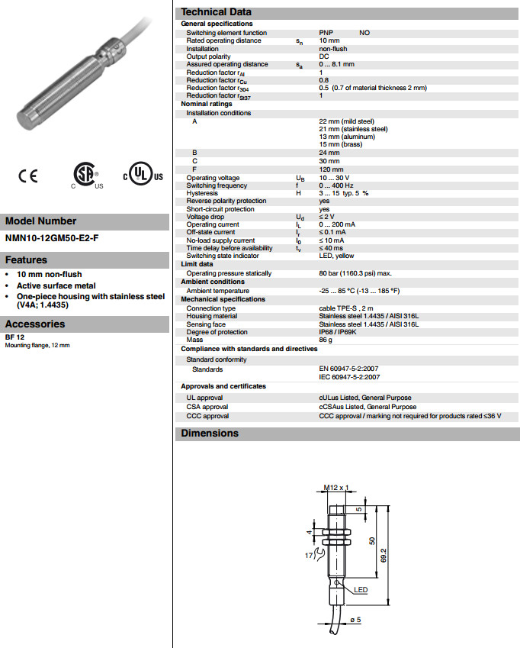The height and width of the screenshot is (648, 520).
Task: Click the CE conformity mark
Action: coord(28,176)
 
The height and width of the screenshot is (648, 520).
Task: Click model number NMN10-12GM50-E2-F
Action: coord(52,238)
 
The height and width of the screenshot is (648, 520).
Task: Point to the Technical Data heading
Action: coord(216,11)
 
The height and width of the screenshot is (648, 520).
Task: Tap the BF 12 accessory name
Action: coord(14,337)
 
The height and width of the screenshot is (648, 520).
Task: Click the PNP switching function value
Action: coord(326,33)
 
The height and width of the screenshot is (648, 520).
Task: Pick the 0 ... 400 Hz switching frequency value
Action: coord(336,185)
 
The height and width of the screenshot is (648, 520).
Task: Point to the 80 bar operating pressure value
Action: coord(355,272)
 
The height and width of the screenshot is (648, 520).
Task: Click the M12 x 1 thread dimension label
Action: coord(335,486)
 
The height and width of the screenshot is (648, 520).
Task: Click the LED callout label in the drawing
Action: coord(360,589)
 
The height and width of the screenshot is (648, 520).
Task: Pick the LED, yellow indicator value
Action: coord(336,256)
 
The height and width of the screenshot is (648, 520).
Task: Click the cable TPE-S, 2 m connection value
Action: coord(347,308)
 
